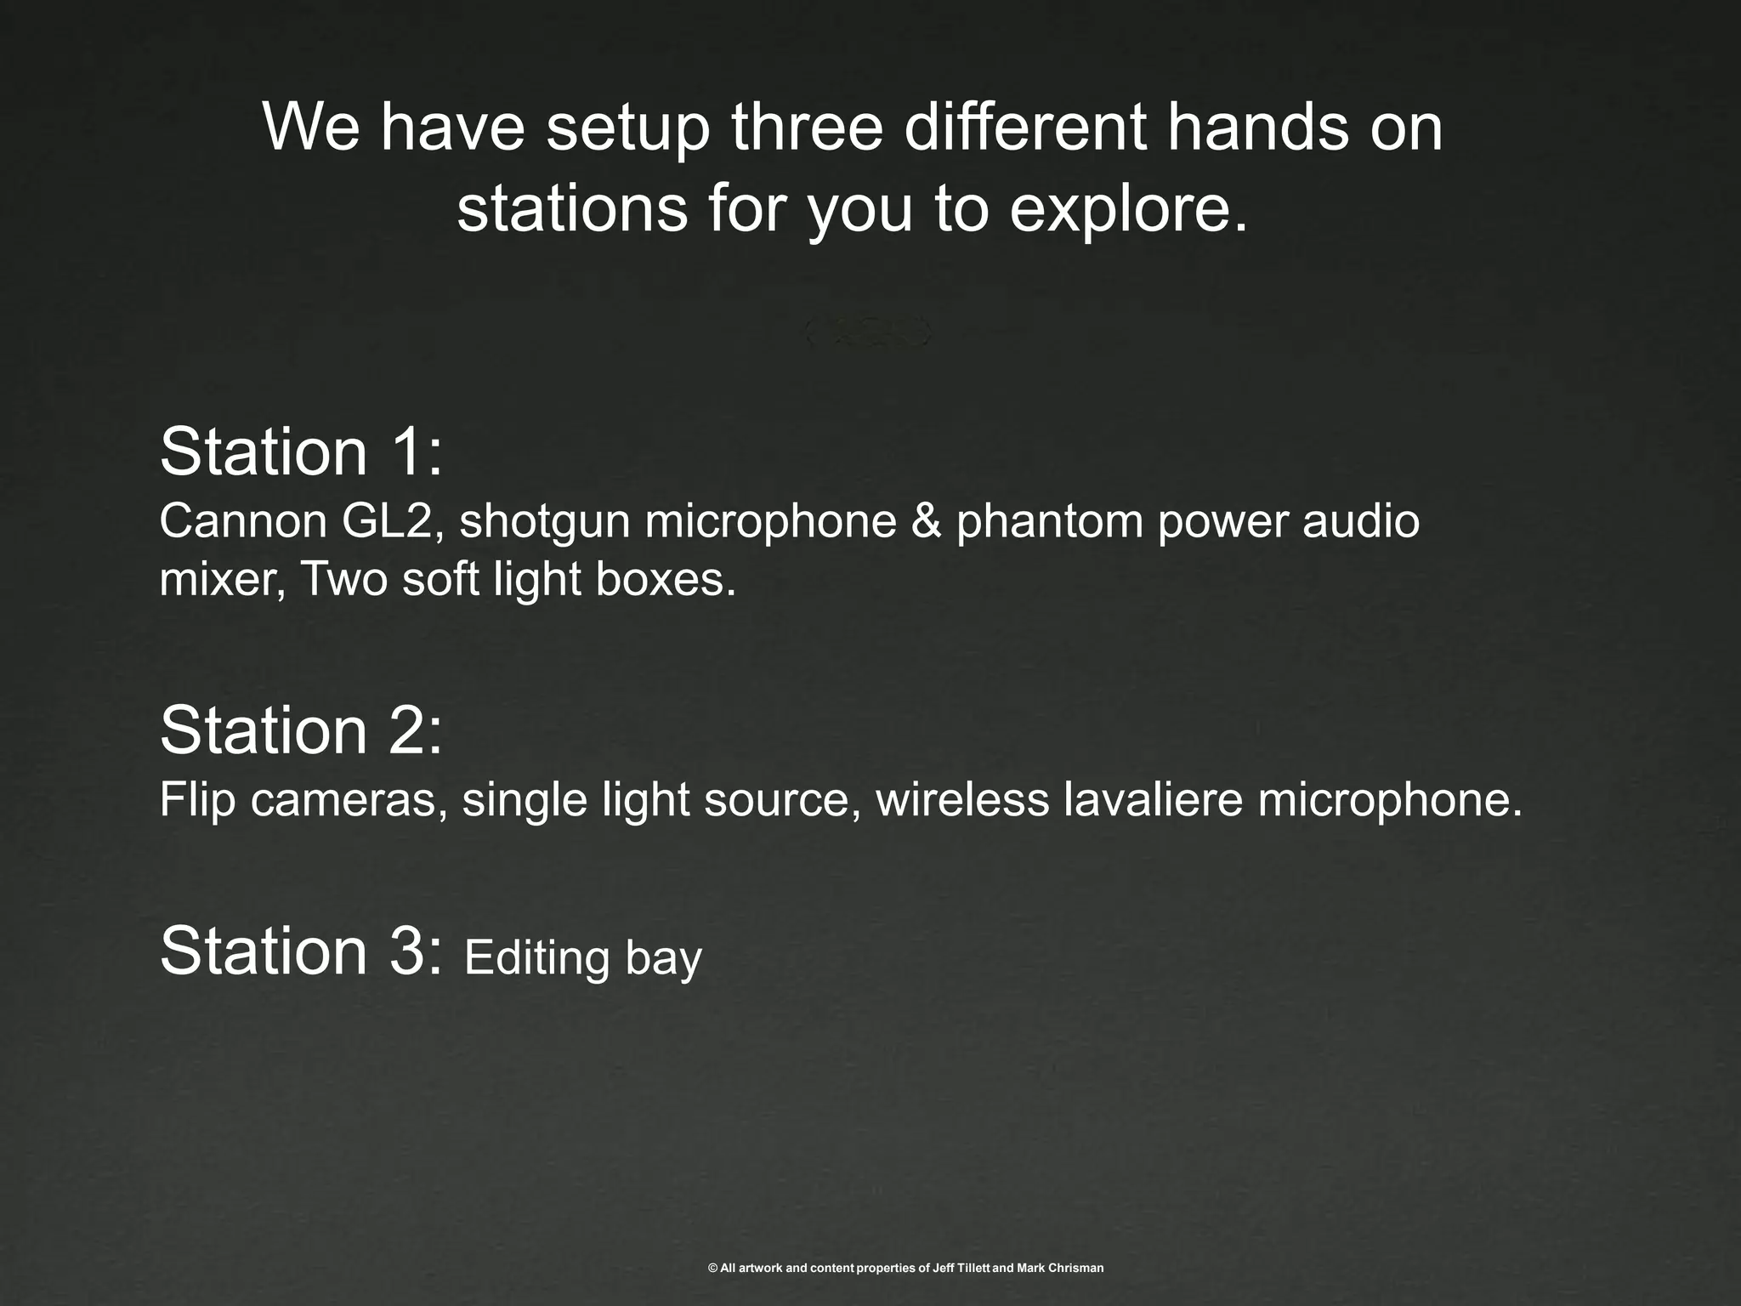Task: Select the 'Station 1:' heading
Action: [x=301, y=451]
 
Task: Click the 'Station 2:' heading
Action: [x=301, y=730]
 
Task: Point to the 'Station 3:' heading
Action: [x=301, y=951]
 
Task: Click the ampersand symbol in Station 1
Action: [x=927, y=520]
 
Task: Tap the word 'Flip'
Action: [x=197, y=800]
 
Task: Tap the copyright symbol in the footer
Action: [x=713, y=1269]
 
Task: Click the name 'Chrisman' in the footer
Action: [x=1075, y=1269]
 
